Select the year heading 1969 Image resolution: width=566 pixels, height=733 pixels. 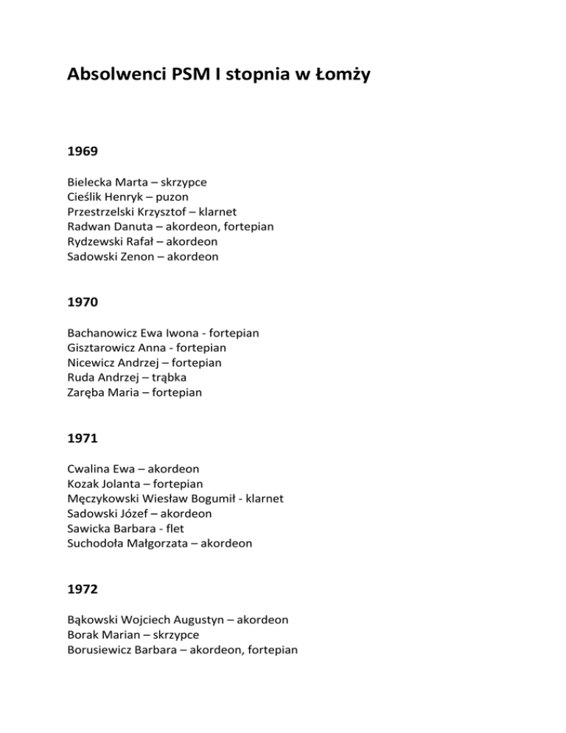click(82, 152)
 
